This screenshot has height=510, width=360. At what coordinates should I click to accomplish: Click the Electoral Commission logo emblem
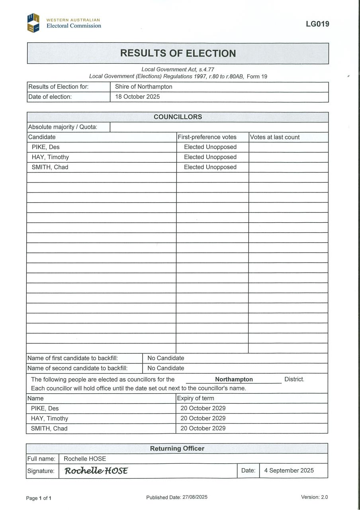(x=33, y=23)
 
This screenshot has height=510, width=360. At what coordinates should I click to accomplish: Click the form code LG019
(x=317, y=24)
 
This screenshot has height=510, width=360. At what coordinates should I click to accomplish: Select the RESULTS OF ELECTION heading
(x=178, y=53)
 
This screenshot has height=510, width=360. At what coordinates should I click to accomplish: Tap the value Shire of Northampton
(x=144, y=86)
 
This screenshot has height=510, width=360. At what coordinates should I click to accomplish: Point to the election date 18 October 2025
(x=137, y=96)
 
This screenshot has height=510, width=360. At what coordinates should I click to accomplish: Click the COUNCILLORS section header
(x=178, y=117)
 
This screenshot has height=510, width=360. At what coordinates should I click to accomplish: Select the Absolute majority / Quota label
(x=63, y=127)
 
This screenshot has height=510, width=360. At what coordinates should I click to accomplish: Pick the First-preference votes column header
(x=207, y=137)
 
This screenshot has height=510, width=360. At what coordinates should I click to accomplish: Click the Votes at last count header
(x=275, y=137)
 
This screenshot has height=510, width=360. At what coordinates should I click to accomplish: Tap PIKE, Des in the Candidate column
(x=46, y=147)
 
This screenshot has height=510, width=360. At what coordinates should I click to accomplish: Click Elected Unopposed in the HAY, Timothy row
(x=210, y=157)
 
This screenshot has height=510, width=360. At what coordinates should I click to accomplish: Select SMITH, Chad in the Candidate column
(x=50, y=167)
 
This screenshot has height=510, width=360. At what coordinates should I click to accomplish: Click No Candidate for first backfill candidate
(x=166, y=358)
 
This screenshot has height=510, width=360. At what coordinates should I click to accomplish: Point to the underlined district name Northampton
(x=234, y=379)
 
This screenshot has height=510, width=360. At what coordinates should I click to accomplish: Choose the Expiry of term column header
(x=196, y=398)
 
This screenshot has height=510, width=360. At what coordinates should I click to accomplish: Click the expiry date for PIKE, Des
(x=203, y=408)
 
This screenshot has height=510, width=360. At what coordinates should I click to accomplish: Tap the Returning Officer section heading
(x=177, y=448)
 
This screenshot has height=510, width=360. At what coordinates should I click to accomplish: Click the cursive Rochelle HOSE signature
(x=96, y=471)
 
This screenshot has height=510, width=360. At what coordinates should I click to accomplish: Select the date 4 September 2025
(x=289, y=471)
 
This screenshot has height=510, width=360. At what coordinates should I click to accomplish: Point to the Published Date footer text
(x=177, y=497)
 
